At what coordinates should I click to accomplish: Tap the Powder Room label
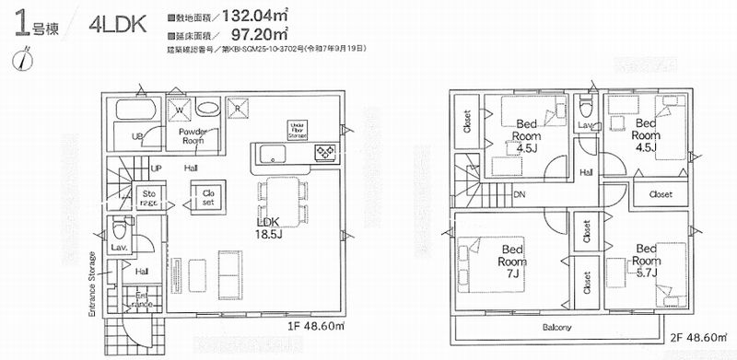192,136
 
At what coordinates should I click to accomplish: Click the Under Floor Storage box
297,130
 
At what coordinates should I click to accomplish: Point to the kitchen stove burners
326,152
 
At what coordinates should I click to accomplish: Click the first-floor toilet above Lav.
118,226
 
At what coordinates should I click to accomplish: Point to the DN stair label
520,194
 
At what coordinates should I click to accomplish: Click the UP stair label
156,168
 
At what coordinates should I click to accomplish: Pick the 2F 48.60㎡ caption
693,338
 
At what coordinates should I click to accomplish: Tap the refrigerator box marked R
238,108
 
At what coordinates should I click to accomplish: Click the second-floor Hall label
586,172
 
